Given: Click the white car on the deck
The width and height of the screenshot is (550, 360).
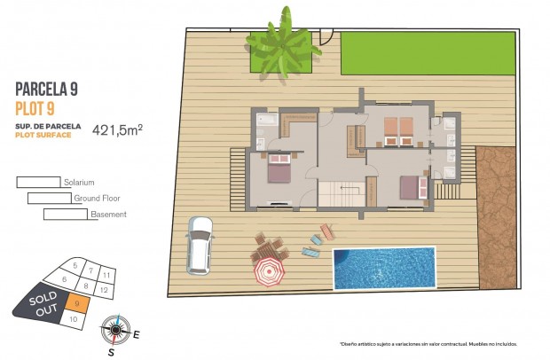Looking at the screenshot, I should [x=199, y=245].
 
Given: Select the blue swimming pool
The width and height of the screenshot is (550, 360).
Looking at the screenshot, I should [x=383, y=268].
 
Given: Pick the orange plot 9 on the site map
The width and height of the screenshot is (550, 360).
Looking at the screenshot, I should [x=78, y=304].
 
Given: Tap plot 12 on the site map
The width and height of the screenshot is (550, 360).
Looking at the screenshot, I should [x=104, y=290].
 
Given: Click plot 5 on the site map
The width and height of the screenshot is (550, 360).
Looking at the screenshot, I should [x=75, y=265].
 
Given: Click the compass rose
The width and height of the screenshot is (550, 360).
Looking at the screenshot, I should [x=114, y=330].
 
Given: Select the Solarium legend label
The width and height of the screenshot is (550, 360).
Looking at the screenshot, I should [x=78, y=183].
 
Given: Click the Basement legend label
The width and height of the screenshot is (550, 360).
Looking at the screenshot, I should [x=108, y=215].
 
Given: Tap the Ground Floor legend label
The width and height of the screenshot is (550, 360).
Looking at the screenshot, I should [x=97, y=199].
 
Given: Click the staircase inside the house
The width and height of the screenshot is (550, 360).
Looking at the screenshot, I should [x=341, y=193].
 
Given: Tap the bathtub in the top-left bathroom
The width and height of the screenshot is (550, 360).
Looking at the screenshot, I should [x=266, y=118].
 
